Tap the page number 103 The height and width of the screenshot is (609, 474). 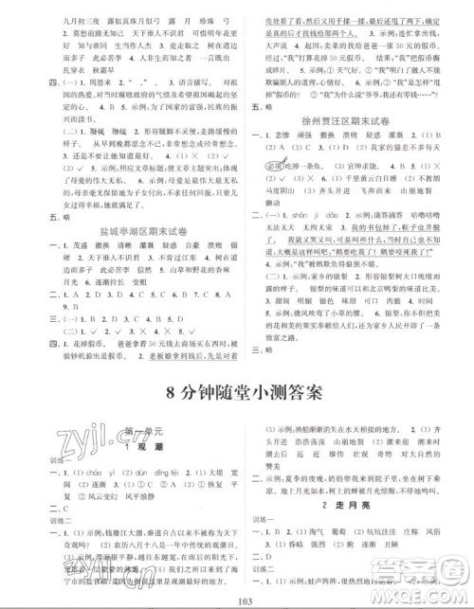click(236, 600)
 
